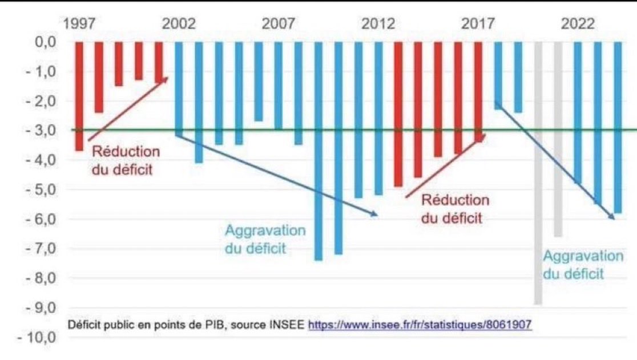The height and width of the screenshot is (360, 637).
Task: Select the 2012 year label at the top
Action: click(x=378, y=25)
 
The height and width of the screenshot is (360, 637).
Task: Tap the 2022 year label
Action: click(x=578, y=25)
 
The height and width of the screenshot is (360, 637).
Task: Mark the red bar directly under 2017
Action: click(x=478, y=91)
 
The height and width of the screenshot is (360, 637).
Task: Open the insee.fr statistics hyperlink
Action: click(x=420, y=325)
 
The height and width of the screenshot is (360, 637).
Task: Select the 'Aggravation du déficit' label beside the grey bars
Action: click(x=582, y=265)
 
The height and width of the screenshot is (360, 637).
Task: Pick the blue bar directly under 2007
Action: click(x=279, y=86)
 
